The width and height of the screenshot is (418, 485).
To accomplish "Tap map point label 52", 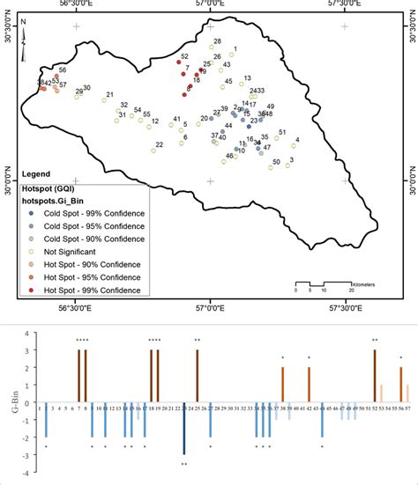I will pyautogui.click(x=183, y=56).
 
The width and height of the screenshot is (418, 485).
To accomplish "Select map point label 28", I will pyautogui.click(x=217, y=42).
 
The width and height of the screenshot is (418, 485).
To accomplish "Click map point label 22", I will pyautogui.click(x=159, y=144).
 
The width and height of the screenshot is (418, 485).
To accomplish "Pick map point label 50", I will pyautogui.click(x=276, y=162).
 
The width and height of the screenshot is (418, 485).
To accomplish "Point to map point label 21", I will pyautogui.click(x=109, y=95).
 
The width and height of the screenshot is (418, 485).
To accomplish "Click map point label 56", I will pyautogui.click(x=63, y=70).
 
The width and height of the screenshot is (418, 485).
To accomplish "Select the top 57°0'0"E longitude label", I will pyautogui.click(x=210, y=5).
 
